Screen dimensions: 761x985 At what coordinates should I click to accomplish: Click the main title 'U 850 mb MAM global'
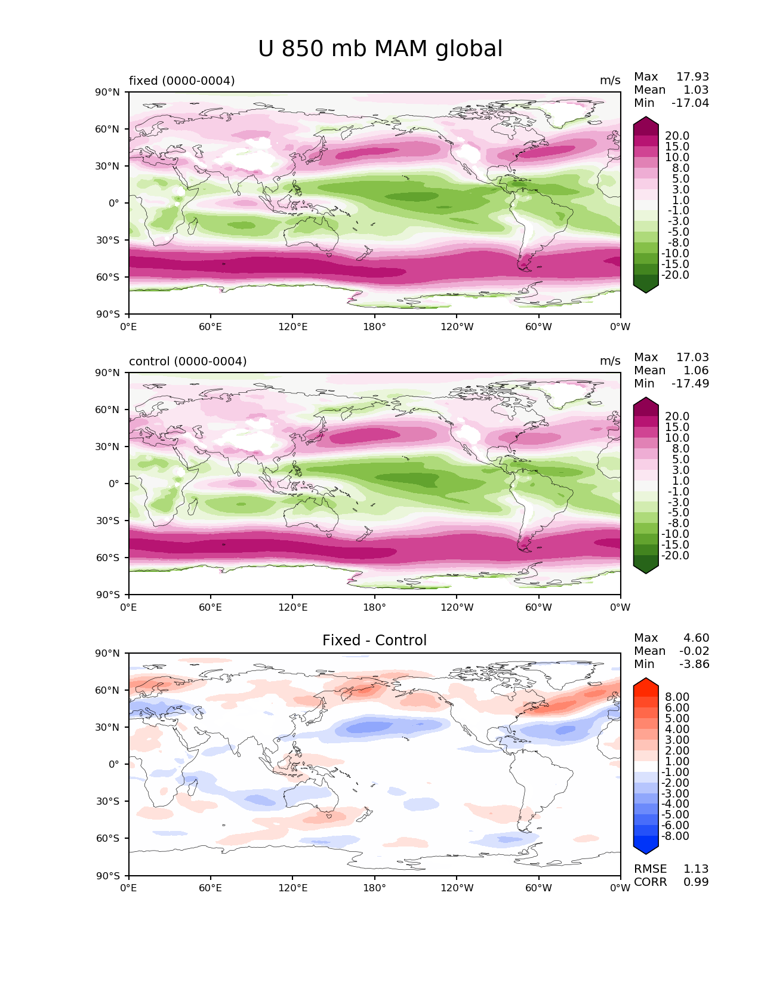tap(380, 48)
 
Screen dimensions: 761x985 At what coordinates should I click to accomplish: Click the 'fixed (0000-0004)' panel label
tap(182, 81)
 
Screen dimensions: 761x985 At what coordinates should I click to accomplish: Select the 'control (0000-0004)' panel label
tap(187, 361)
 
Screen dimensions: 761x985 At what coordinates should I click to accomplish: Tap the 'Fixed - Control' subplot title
tap(374, 640)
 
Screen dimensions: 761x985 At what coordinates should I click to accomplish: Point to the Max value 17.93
tap(692, 76)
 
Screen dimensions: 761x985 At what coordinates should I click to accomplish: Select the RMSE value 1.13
tap(696, 869)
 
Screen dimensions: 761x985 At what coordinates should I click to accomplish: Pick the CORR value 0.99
tap(696, 882)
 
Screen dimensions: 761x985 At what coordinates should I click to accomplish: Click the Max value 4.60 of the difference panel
tap(696, 638)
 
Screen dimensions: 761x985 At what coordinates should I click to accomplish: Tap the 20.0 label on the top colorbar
tap(677, 136)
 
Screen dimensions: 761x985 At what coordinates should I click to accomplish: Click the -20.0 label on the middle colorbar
tap(675, 555)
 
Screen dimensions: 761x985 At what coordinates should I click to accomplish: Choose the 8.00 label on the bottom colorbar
tap(677, 697)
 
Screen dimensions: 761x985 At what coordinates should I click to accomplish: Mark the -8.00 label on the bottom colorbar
tap(675, 836)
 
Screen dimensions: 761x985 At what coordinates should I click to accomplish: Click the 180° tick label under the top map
tap(374, 327)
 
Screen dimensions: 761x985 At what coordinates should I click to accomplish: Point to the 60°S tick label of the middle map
tap(107, 558)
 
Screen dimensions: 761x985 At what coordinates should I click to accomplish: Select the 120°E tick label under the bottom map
tap(293, 888)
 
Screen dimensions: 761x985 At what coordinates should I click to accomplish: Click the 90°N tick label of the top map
tap(107, 92)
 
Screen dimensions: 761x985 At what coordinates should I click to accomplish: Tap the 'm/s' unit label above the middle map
tap(610, 361)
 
